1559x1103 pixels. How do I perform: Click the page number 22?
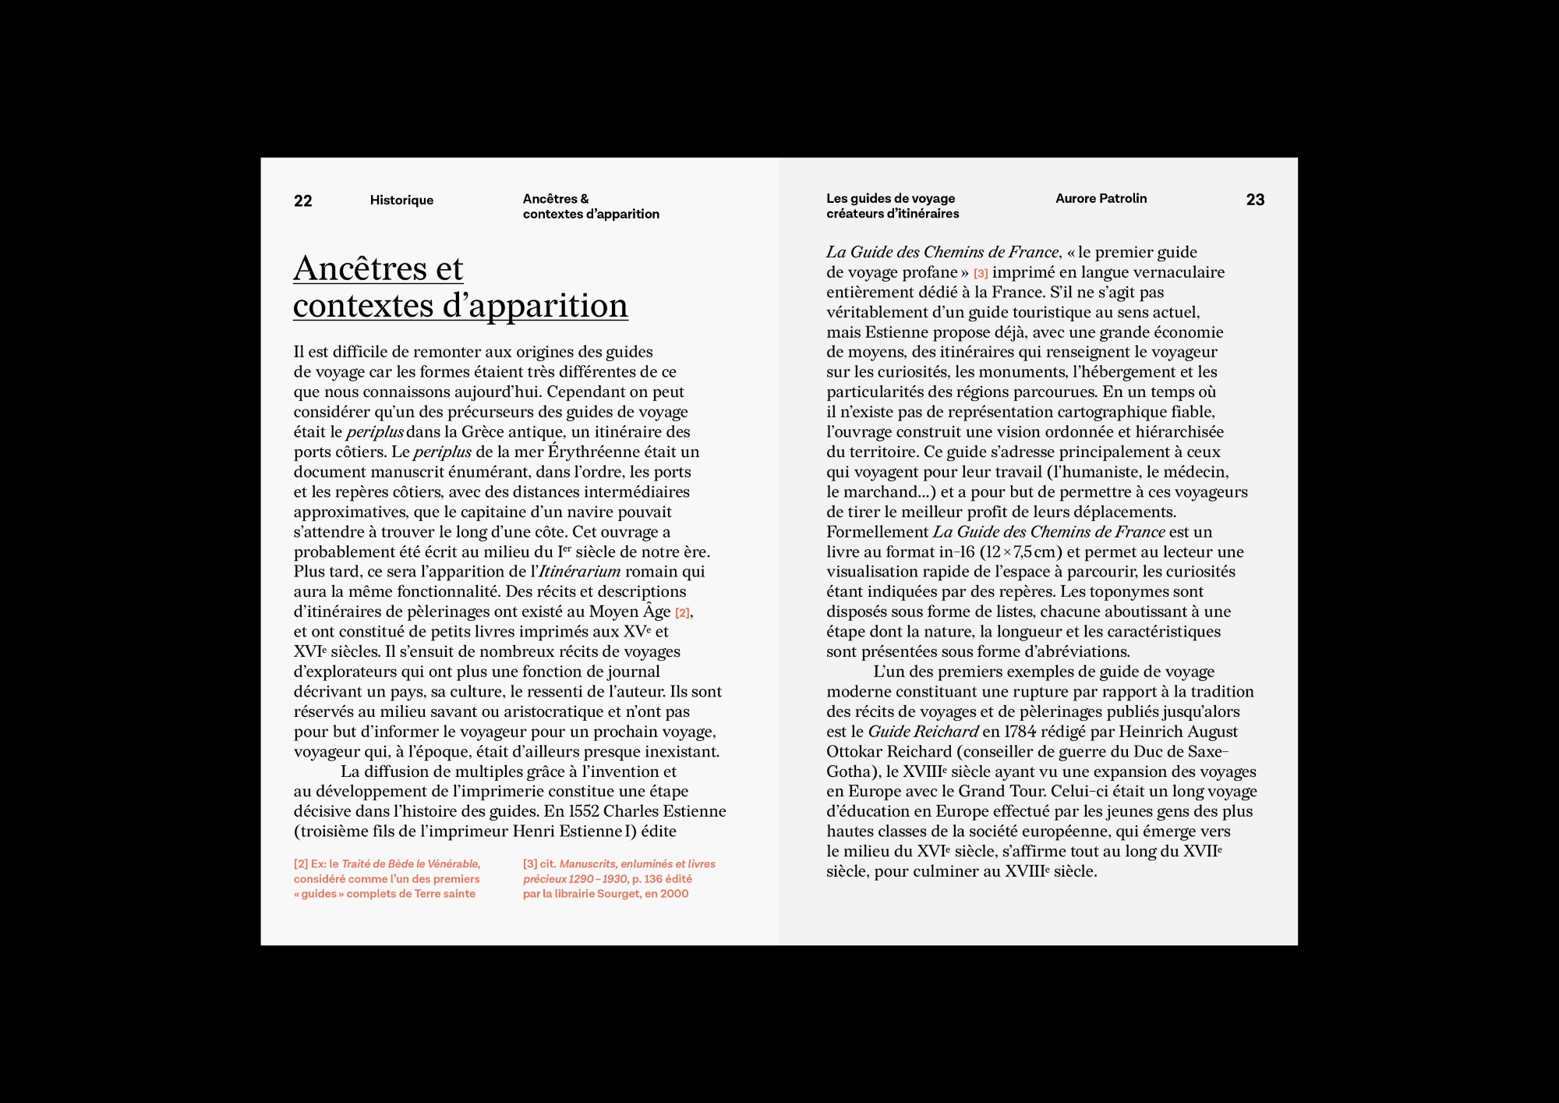(x=302, y=201)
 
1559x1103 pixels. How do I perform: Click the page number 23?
(x=1255, y=200)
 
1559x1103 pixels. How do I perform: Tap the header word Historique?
(x=401, y=200)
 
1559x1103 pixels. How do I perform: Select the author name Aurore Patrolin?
(x=1101, y=199)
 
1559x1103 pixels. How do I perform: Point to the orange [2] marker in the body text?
(x=682, y=613)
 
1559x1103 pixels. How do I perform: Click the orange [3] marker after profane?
(x=981, y=274)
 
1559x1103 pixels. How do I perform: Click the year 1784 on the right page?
(x=1020, y=732)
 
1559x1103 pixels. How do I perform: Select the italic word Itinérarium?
(x=579, y=572)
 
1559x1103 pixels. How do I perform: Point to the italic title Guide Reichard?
(x=923, y=732)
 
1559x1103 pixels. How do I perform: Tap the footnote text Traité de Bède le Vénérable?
(x=411, y=864)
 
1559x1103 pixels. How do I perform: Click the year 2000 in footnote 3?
(x=674, y=894)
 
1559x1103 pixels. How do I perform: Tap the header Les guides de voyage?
(x=890, y=199)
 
